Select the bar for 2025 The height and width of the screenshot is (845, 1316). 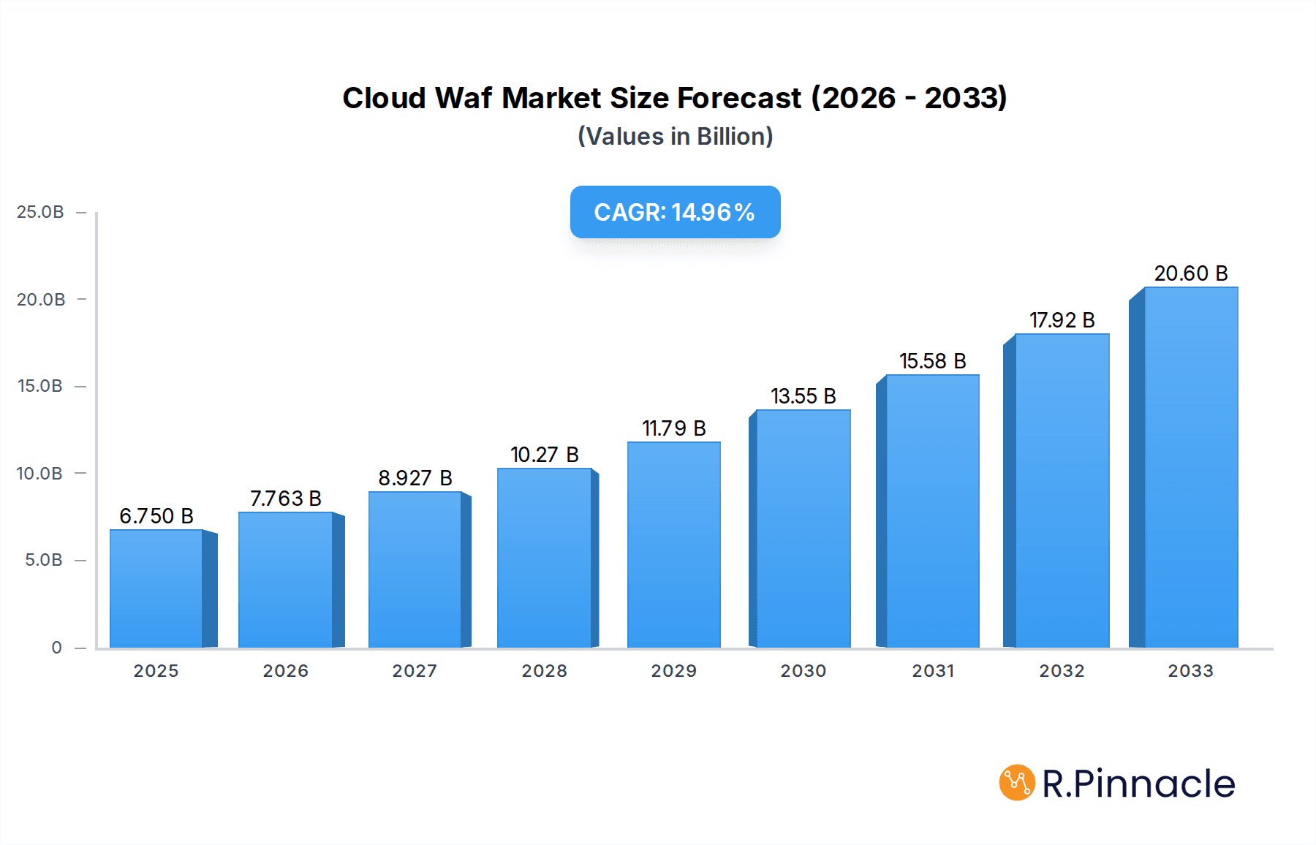[156, 588]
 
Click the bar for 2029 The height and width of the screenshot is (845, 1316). [673, 545]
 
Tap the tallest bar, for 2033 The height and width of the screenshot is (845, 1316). [1190, 468]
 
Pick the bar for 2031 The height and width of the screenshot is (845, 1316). [932, 512]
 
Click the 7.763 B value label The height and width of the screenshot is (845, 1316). [286, 499]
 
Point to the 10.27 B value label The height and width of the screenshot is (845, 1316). [544, 455]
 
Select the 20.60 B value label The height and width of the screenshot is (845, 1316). [1190, 273]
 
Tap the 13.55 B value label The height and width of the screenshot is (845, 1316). [803, 396]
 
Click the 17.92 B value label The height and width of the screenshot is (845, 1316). [1062, 320]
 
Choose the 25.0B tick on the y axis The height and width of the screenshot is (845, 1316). [40, 212]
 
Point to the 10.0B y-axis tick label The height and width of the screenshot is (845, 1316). [40, 474]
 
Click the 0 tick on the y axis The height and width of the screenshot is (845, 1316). [56, 648]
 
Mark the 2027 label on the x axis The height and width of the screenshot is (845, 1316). [415, 671]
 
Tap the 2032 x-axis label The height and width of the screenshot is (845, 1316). [1062, 671]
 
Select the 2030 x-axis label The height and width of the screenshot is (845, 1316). [803, 671]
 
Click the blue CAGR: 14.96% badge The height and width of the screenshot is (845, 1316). [675, 212]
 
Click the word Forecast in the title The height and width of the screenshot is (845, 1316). [739, 98]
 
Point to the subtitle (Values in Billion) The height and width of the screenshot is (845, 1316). [675, 137]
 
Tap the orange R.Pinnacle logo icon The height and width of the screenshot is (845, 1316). [1017, 783]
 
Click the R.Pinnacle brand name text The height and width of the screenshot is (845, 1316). [1138, 784]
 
